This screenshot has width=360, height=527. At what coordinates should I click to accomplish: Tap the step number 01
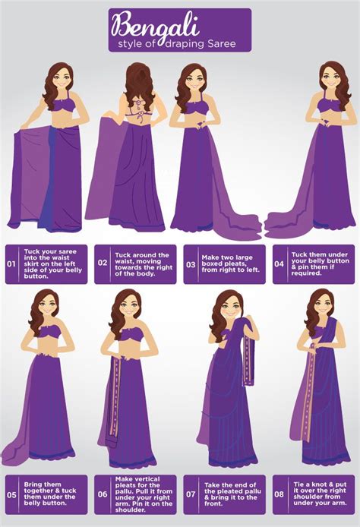[11, 265]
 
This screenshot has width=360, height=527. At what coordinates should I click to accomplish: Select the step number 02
[103, 264]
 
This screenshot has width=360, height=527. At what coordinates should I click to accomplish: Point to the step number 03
[191, 264]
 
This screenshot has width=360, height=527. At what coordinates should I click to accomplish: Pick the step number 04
[279, 264]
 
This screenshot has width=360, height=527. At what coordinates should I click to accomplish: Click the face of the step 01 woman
[59, 82]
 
